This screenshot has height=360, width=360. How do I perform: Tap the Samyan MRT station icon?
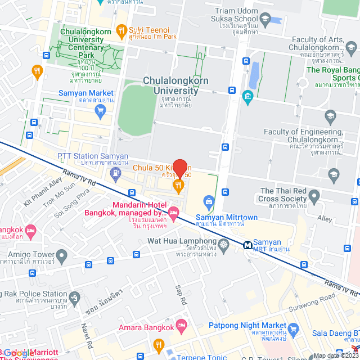point(247,245)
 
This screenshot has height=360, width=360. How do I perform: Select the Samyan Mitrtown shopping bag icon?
point(209,201)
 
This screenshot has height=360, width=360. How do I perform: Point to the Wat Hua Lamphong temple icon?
point(224,244)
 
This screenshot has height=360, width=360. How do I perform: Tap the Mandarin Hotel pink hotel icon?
point(173,213)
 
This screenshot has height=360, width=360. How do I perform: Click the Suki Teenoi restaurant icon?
point(120,30)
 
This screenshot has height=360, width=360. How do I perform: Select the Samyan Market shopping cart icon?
point(101,109)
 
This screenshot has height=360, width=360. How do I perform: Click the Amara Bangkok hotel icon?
point(181,325)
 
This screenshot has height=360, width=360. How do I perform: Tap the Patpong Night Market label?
point(247,325)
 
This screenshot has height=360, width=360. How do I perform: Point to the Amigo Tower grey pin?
point(62,256)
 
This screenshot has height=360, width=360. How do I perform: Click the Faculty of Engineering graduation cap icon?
point(330,117)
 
